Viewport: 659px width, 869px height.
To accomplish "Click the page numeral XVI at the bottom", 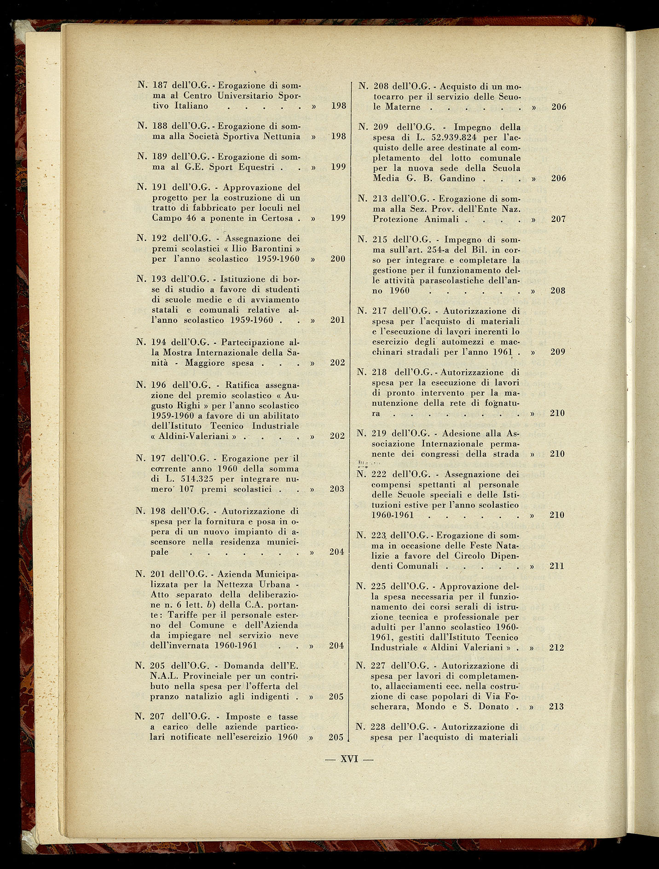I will coord(349,759).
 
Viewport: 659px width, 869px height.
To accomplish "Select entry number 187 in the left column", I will coord(160,85).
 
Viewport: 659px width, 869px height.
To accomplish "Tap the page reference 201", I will coord(338,320).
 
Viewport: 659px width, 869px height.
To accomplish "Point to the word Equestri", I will coord(256,167).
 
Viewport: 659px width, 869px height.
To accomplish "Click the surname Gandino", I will coord(457,178).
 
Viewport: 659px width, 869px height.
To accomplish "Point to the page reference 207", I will coord(558,219).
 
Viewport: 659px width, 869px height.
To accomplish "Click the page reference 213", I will coord(556,707).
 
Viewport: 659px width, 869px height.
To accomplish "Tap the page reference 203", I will coord(337,489).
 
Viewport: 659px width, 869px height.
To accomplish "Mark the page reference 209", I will coord(558,352).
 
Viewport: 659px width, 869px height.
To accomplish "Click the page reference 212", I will coord(557,648).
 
